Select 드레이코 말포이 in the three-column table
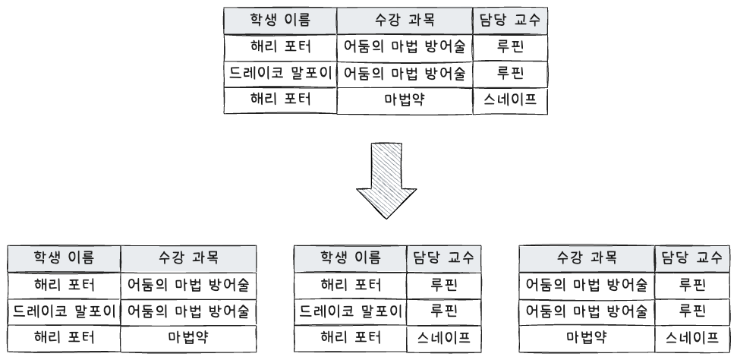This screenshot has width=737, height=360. coord(280,74)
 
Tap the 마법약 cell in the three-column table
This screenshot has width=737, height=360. coord(405,99)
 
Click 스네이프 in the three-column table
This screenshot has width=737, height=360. coord(510,99)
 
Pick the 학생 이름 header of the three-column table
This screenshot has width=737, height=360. coord(280,20)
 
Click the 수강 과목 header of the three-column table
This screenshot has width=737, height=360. coord(405,20)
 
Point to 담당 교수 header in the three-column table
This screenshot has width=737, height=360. coord(510,20)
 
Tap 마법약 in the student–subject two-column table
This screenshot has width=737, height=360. coord(188,337)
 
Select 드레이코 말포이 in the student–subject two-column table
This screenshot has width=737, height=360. coord(64,311)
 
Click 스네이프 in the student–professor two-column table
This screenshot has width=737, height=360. coord(444,337)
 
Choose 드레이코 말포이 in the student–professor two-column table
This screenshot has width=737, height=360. coord(351,311)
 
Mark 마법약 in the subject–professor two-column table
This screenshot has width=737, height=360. coord(587,337)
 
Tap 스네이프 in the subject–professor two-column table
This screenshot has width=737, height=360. coord(692,337)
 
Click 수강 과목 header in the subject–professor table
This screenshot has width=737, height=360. coord(587,257)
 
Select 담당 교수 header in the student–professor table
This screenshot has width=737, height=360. coord(444,257)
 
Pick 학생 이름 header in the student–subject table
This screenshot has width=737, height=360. coord(64,257)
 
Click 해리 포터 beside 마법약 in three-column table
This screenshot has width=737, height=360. coord(280,99)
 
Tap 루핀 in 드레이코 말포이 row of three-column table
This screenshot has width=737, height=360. coord(510,74)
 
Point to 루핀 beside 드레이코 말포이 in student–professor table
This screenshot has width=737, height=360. coord(444,311)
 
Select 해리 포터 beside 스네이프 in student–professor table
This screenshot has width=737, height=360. coord(351,337)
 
